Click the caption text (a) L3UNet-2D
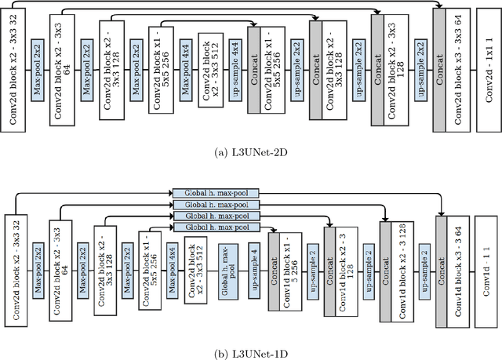pyautogui.click(x=251, y=154)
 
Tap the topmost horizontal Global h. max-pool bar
pyautogui.click(x=215, y=192)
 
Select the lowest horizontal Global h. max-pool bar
pyautogui.click(x=215, y=227)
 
